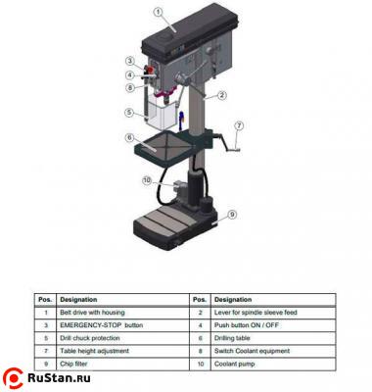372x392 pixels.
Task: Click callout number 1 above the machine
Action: (159, 13)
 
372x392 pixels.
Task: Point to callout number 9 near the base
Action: (232, 215)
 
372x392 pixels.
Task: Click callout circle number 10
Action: (147, 180)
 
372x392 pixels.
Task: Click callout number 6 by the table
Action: (129, 138)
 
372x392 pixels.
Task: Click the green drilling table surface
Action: (172, 150)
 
